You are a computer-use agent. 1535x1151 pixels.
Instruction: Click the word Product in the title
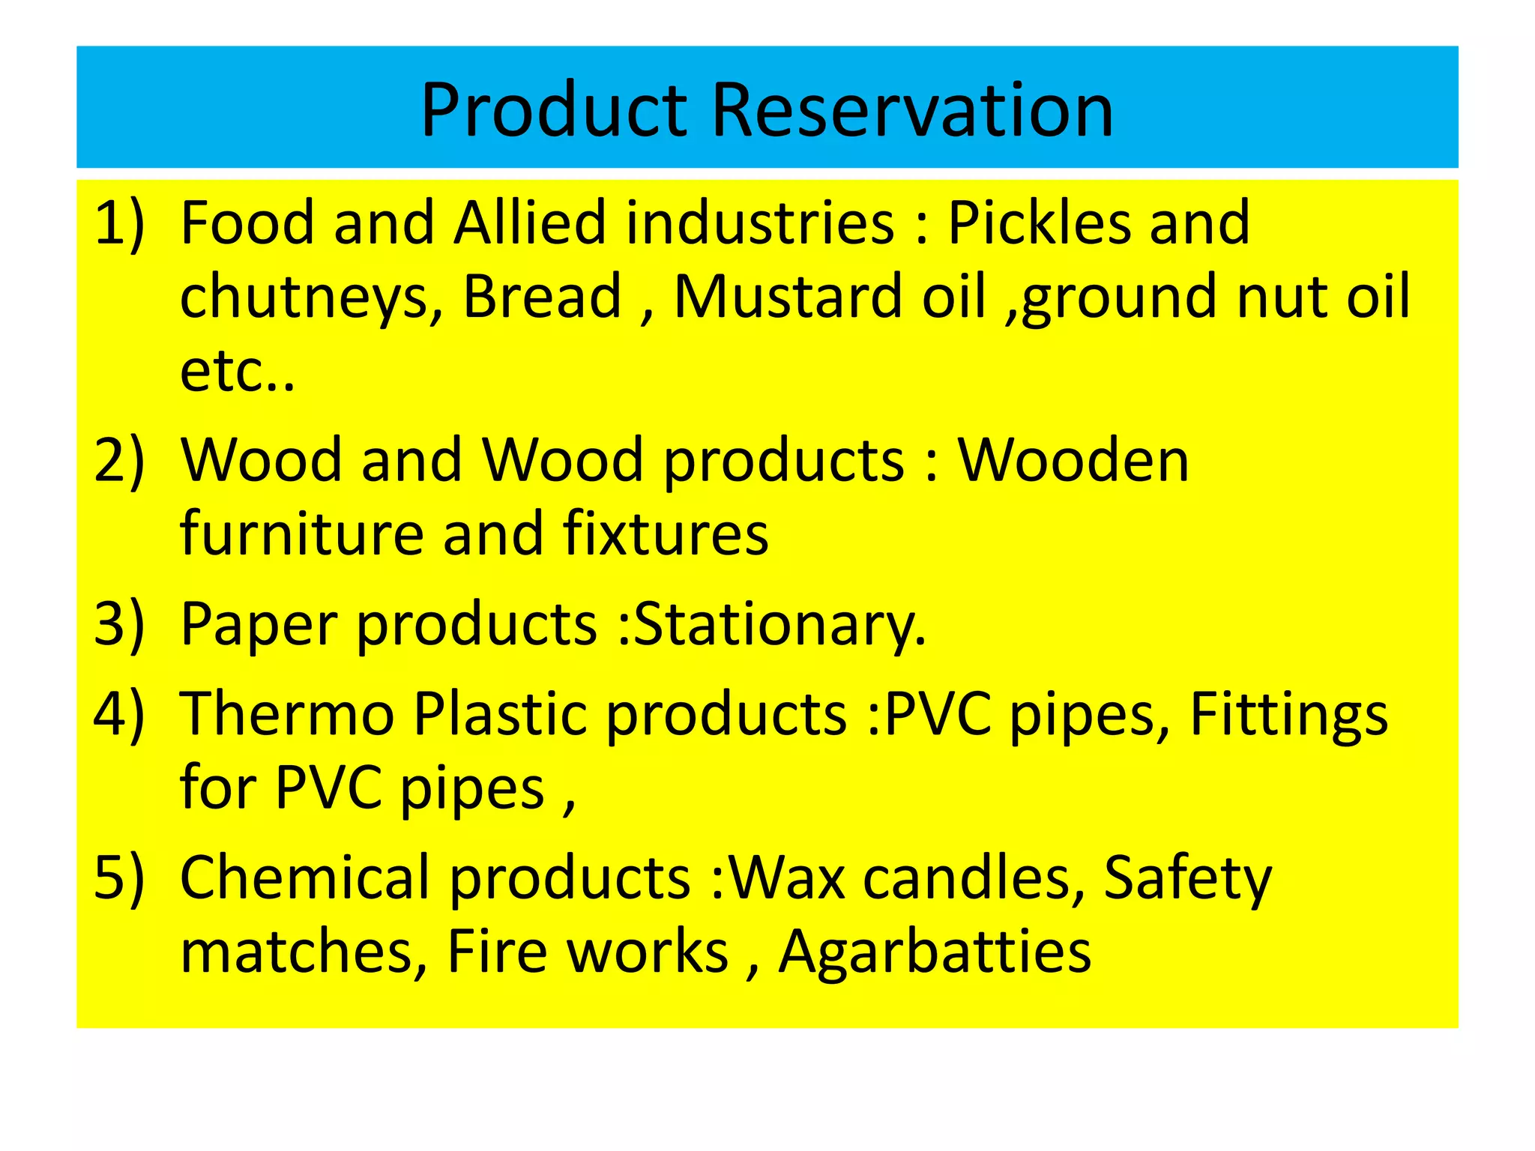[x=553, y=110]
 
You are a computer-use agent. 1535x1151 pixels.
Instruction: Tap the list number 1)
[x=118, y=223]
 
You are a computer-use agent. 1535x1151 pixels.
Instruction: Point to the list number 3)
[x=118, y=623]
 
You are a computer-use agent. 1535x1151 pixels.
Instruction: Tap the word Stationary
[x=779, y=625]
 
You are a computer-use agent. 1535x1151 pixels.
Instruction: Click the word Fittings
[x=1288, y=714]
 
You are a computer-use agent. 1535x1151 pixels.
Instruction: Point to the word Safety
[x=1188, y=878]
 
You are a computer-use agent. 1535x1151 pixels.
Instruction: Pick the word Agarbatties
[x=935, y=952]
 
